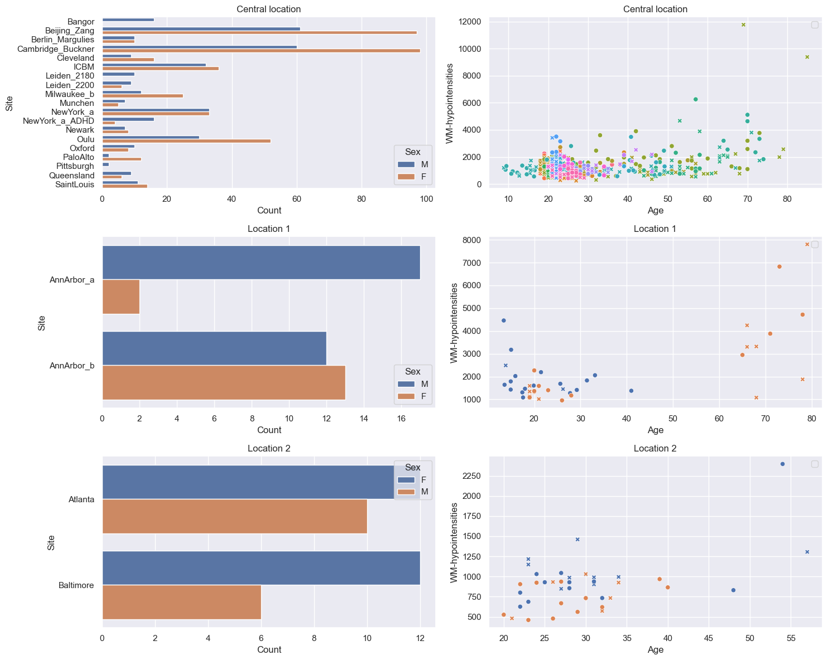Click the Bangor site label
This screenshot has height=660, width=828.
tap(80, 22)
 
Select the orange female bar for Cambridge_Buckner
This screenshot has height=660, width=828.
tap(261, 50)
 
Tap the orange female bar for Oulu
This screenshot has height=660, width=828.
tap(186, 140)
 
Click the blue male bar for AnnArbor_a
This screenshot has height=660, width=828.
tap(261, 262)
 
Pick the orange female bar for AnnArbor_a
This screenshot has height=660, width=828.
tap(121, 297)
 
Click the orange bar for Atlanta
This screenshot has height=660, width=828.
tap(235, 516)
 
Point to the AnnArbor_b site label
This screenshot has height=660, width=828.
tap(71, 365)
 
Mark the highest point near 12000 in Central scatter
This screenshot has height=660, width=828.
tap(743, 25)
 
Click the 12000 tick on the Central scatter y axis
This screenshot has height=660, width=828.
tap(469, 22)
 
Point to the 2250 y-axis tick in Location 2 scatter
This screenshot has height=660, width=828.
tap(471, 475)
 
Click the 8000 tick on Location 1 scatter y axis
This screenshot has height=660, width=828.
tap(471, 240)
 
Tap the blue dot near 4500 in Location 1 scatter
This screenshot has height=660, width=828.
tap(503, 320)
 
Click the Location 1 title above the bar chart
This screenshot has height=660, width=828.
tap(268, 229)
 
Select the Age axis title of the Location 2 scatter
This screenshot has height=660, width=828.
tap(655, 649)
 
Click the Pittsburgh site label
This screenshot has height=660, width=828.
tap(75, 166)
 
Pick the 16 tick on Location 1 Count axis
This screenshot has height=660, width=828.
tap(401, 418)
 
